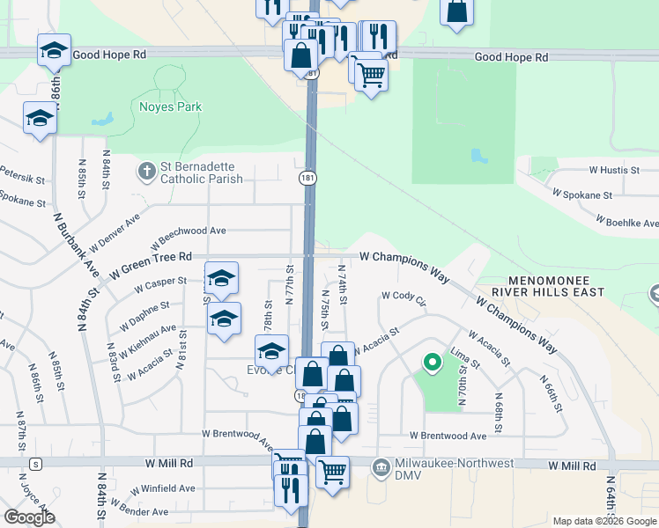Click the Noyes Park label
click(x=170, y=107)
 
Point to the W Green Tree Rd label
click(x=151, y=256)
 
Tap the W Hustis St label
click(x=613, y=169)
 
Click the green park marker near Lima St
click(x=432, y=361)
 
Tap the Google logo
click(x=29, y=517)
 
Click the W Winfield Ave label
click(x=162, y=488)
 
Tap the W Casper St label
click(x=159, y=285)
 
